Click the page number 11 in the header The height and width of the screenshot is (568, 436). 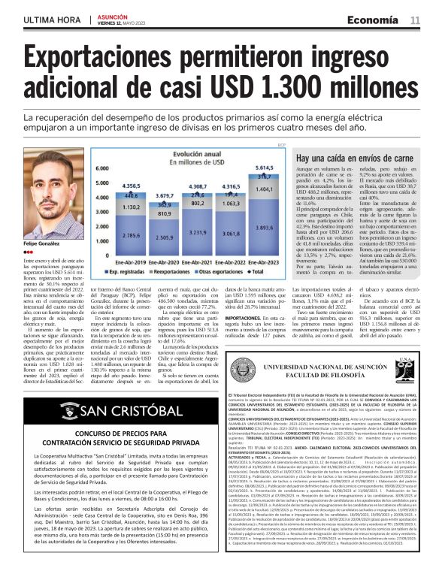pyautogui.click(x=414, y=20)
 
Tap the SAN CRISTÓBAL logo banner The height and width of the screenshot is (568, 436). pyautogui.click(x=113, y=412)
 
